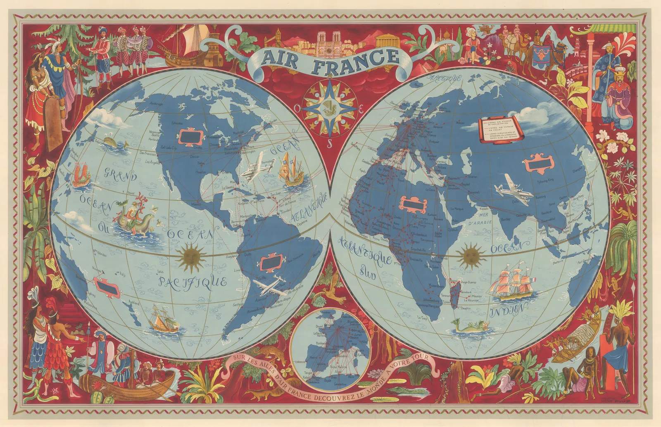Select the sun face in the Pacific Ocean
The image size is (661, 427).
190,254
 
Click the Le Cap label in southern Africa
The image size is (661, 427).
422,318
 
